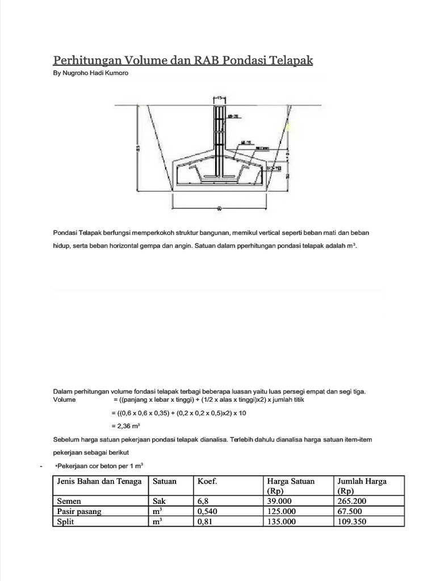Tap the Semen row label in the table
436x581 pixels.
[69, 501]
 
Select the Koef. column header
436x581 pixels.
[208, 481]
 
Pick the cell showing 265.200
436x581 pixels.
[352, 501]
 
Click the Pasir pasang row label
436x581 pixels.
[79, 511]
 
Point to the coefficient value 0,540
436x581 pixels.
[208, 511]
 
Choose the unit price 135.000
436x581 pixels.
[281, 522]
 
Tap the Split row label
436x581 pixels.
[65, 522]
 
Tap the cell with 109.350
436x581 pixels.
[352, 522]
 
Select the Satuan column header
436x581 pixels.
[165, 481]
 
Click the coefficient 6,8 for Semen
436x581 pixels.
[203, 501]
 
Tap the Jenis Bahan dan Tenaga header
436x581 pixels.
[99, 481]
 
